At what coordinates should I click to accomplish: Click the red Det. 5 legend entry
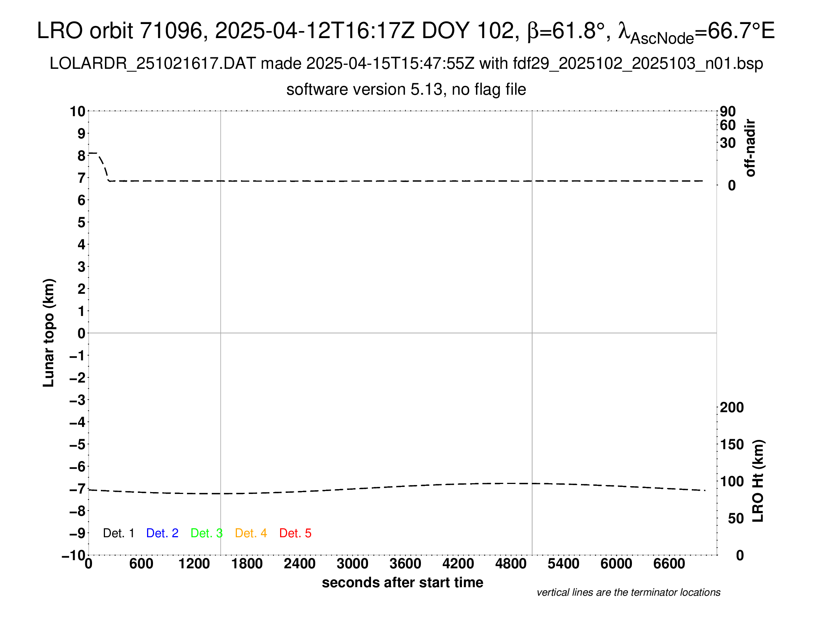pyautogui.click(x=295, y=533)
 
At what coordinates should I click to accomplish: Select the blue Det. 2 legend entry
pyautogui.click(x=162, y=533)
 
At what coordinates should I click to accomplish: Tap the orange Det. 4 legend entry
pyautogui.click(x=251, y=533)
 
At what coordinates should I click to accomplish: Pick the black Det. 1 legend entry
pyautogui.click(x=118, y=533)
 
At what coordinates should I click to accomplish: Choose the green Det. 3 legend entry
pyautogui.click(x=207, y=533)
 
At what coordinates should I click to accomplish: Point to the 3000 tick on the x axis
pyautogui.click(x=353, y=564)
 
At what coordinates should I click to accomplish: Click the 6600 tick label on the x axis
pyautogui.click(x=669, y=564)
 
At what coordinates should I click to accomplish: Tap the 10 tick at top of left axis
pyautogui.click(x=78, y=111)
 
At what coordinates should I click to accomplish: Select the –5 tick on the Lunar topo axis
pyautogui.click(x=78, y=444)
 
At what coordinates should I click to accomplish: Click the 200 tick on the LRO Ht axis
pyautogui.click(x=732, y=408)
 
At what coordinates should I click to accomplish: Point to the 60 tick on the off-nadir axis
pyautogui.click(x=728, y=125)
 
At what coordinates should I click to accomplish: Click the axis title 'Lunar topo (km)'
pyautogui.click(x=49, y=333)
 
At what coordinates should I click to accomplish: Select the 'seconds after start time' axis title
pyautogui.click(x=402, y=583)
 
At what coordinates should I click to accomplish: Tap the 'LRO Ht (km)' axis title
pyautogui.click(x=758, y=481)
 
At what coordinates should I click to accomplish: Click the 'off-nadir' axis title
pyautogui.click(x=751, y=148)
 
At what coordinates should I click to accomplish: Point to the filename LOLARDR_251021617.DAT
pyautogui.click(x=153, y=64)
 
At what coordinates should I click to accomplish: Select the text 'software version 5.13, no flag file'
pyautogui.click(x=406, y=90)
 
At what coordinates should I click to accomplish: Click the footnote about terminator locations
pyautogui.click(x=628, y=592)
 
